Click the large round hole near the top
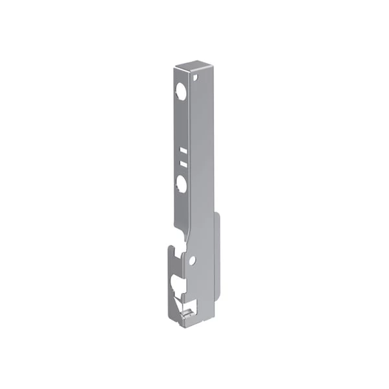[x=182, y=93]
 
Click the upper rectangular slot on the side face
[x=183, y=150]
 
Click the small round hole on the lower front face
[x=192, y=261]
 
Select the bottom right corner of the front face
[x=213, y=317]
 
